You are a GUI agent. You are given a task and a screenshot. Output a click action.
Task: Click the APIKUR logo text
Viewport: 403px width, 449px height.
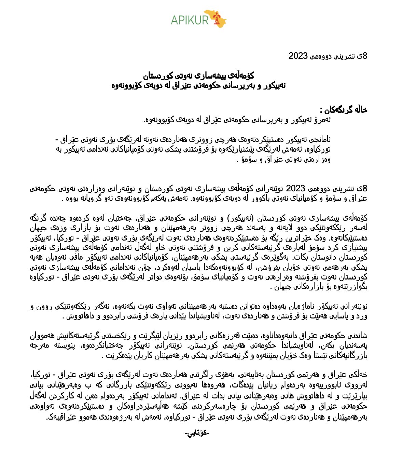click(x=190, y=20)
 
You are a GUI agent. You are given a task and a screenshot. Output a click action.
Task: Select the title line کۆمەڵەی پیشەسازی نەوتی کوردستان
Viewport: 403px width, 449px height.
click(x=198, y=76)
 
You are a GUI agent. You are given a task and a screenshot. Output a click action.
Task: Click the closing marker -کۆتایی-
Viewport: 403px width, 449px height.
click(x=197, y=434)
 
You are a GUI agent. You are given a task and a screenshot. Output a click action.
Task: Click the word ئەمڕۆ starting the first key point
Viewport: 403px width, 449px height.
click(x=322, y=120)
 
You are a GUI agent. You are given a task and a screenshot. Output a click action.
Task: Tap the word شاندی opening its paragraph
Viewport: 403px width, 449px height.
click(x=359, y=336)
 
